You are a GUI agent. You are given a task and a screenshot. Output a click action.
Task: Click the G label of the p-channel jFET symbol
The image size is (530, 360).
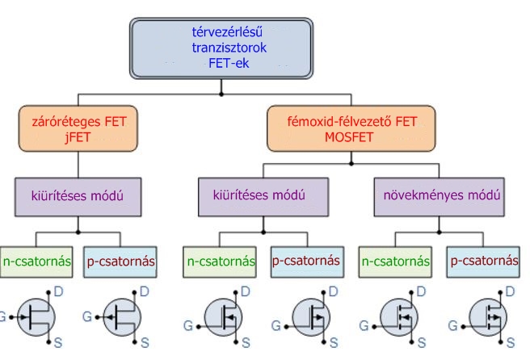[90, 315]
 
